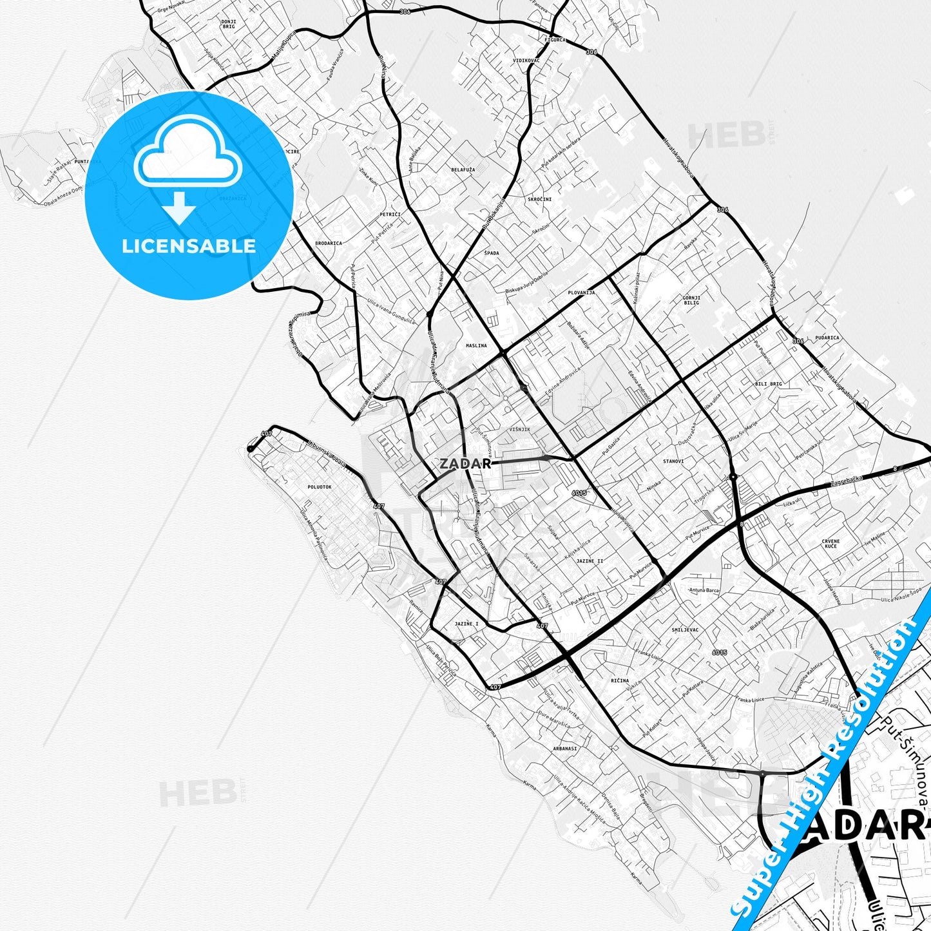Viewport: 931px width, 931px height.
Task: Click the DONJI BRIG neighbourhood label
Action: (x=229, y=24)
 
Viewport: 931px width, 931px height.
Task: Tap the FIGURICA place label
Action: (x=555, y=40)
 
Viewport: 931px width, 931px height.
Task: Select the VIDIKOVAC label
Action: (x=526, y=60)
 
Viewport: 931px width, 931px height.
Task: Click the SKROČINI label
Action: (x=539, y=200)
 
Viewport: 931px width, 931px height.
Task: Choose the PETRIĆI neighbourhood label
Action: (x=390, y=214)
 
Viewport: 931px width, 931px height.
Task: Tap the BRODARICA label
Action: (x=328, y=244)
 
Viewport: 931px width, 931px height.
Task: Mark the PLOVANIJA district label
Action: (x=581, y=293)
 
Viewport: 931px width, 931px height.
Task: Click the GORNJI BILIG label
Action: (x=691, y=300)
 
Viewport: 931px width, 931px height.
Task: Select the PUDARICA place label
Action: (x=827, y=338)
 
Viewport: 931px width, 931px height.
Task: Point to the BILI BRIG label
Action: (x=768, y=384)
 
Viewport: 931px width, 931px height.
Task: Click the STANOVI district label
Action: (x=673, y=462)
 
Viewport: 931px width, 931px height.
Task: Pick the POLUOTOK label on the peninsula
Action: (x=320, y=487)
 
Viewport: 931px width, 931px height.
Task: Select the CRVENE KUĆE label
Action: (x=830, y=543)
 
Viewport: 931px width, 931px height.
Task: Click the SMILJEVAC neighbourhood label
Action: (x=685, y=630)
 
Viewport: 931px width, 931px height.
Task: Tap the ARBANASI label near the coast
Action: (x=565, y=749)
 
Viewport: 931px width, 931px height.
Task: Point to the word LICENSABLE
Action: (x=189, y=245)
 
